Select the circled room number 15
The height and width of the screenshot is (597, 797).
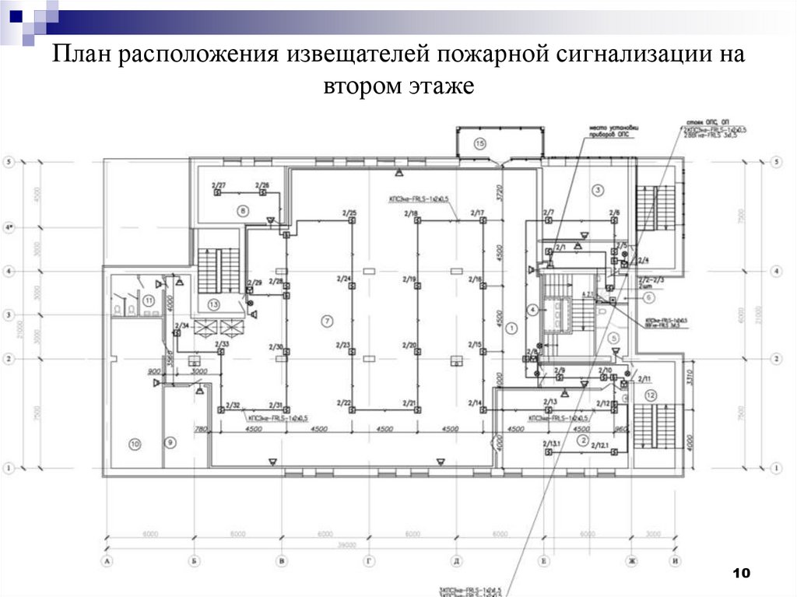[x=479, y=143]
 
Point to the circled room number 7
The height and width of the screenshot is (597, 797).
[x=326, y=321]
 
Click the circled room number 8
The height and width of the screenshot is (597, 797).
[x=242, y=210]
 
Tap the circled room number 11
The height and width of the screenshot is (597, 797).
[x=148, y=300]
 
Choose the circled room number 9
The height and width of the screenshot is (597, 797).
[x=170, y=442]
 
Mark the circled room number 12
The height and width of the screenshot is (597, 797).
[x=651, y=395]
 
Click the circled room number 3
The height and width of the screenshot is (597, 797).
[x=598, y=189]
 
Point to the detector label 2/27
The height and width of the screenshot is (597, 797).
[x=219, y=185]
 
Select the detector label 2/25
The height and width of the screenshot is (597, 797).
[x=349, y=213]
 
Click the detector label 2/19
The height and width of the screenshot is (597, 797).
[x=409, y=278]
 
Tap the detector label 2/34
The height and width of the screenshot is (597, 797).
[x=182, y=325]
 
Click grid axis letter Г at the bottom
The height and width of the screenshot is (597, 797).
[x=368, y=560]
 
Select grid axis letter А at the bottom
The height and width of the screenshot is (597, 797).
[x=105, y=560]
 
